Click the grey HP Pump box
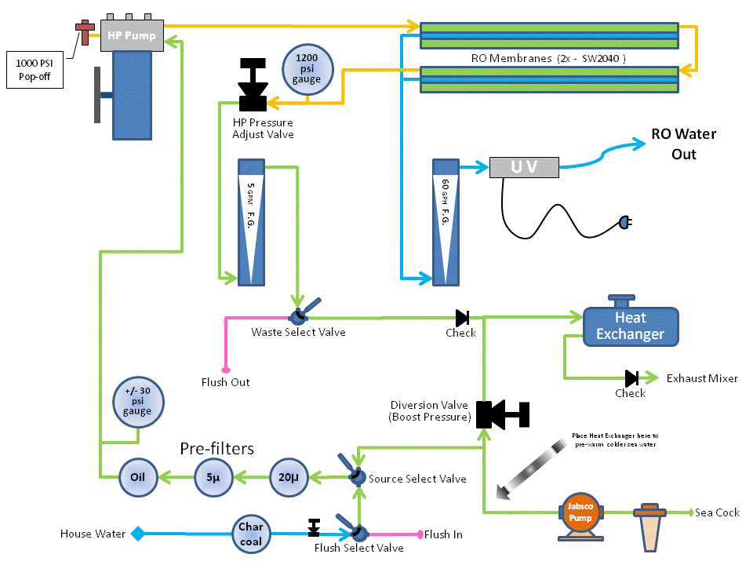[x=131, y=36]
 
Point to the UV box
[x=524, y=167]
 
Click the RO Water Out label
[x=683, y=144]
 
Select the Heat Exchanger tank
[x=630, y=326]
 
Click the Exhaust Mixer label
[x=702, y=378]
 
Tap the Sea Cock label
[x=718, y=512]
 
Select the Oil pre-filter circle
[x=139, y=476]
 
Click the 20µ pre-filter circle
[x=290, y=476]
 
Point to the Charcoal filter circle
[x=252, y=534]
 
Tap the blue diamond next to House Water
[x=137, y=534]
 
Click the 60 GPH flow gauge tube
[x=444, y=221]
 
